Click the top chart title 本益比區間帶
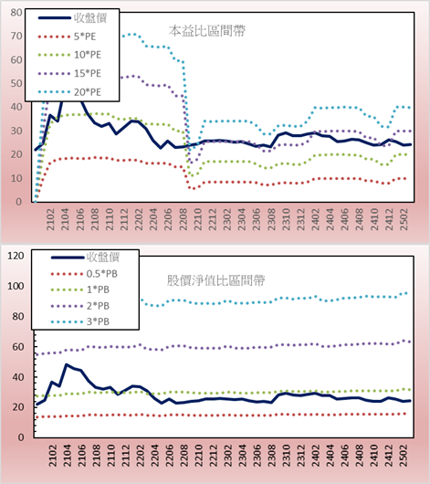coord(207,31)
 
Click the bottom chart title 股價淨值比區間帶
coord(215,280)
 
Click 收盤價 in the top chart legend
coord(90,18)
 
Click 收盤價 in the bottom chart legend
coord(103,257)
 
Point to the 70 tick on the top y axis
coord(16,37)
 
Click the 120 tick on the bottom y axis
coord(16,256)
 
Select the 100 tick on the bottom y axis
coord(16,286)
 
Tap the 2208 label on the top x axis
coord(184,219)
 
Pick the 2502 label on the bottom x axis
coord(404,455)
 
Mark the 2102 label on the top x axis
coord(50,219)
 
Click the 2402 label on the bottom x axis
coord(315,455)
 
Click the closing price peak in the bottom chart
coord(67,364)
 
